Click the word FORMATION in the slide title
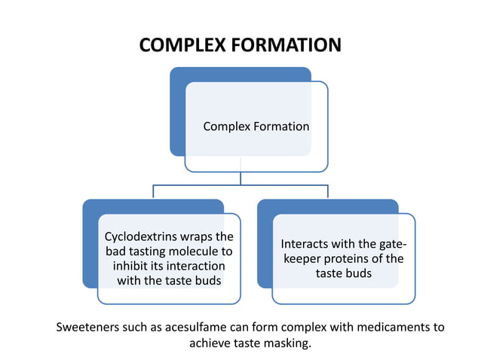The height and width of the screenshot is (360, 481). [286, 45]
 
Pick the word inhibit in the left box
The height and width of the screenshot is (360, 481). [130, 267]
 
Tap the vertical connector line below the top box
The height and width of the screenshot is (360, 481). [240, 178]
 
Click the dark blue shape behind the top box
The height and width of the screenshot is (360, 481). [178, 113]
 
